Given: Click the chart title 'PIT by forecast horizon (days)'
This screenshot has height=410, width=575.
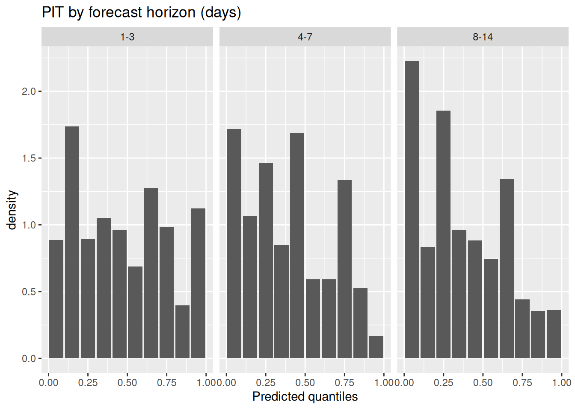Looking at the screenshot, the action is click(x=142, y=12).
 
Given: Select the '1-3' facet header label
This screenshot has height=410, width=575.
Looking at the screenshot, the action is click(x=127, y=37).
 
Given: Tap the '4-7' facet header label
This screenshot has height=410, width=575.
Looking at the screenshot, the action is click(x=305, y=37).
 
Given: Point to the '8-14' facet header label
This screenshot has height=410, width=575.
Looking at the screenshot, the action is click(x=483, y=37).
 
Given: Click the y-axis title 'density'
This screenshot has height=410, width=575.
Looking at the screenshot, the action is click(x=12, y=210).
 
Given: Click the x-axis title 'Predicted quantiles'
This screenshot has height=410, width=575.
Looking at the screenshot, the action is click(x=305, y=396).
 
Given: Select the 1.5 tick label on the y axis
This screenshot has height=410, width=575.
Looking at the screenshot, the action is click(x=28, y=158).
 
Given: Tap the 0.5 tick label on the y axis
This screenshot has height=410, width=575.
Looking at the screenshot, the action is click(x=28, y=292).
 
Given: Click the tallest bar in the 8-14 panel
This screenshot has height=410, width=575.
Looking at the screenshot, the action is click(x=412, y=210).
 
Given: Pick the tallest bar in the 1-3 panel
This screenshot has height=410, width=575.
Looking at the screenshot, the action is click(x=72, y=243).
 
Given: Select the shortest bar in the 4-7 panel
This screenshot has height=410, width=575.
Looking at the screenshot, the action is click(x=376, y=347).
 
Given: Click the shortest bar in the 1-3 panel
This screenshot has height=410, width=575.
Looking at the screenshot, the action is click(x=183, y=332).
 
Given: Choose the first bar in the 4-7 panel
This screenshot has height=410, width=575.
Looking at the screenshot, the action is click(x=234, y=244).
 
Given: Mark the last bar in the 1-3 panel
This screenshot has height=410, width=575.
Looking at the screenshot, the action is click(x=199, y=284).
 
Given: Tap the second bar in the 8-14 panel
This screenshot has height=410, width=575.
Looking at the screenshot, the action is click(x=428, y=303).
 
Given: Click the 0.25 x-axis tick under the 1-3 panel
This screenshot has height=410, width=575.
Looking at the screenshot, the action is click(x=88, y=383).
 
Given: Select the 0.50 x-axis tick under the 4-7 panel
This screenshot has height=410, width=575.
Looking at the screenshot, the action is click(x=305, y=383).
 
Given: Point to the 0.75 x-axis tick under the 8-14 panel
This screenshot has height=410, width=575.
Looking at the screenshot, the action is click(x=522, y=383).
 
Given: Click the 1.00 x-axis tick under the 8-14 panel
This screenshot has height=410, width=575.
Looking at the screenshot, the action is click(x=562, y=383).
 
